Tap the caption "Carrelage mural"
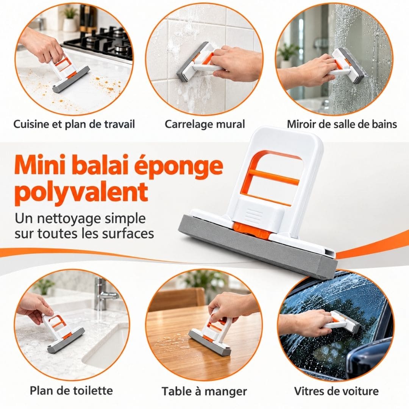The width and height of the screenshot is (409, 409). (205, 124)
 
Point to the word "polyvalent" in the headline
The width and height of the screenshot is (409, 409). (81, 192)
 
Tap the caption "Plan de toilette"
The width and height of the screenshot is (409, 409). (71, 390)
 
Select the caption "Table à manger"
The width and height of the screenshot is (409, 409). (204, 391)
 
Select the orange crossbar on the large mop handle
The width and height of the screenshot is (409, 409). (274, 177)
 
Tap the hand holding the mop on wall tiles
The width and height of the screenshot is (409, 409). (235, 62)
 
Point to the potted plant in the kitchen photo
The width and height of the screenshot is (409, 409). (70, 20)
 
